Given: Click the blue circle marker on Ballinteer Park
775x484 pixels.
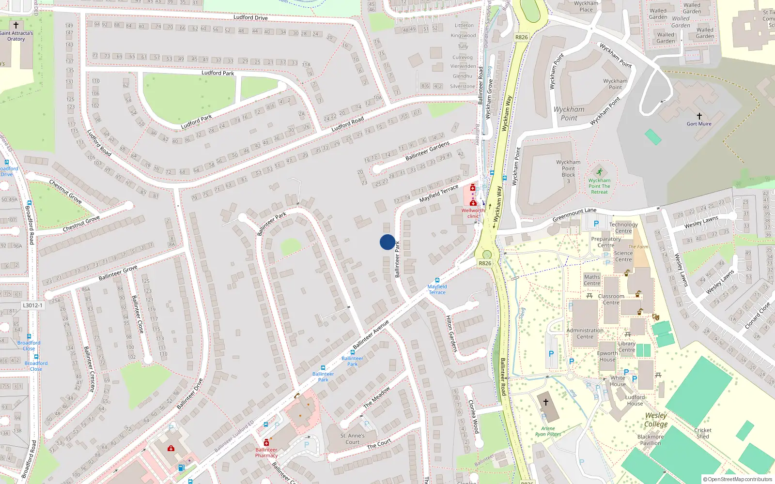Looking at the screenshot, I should coord(387,242).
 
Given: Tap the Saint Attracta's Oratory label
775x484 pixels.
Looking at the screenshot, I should coord(16,36).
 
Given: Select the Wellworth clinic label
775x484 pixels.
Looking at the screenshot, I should coord(473,213).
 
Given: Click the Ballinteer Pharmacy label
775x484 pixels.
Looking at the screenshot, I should coord(266,453).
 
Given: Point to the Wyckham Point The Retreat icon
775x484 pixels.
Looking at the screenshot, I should coord(600,172).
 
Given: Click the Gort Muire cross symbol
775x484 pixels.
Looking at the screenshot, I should coord(699,116).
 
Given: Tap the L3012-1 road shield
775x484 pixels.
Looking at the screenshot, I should coord(33,305).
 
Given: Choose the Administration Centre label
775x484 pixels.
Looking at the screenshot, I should coord(585,333).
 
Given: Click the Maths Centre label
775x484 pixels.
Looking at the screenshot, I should coord(592,280).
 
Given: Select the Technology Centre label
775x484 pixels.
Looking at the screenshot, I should coord(623,227).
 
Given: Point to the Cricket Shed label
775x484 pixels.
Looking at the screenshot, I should coord(703,433).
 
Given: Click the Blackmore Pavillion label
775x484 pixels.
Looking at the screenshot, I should coord(651,439).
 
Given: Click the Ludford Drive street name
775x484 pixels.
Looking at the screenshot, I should coord(250,17).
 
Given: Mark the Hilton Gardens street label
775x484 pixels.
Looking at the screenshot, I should coord(451,333).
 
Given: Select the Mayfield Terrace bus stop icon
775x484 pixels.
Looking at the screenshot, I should coord(437,280).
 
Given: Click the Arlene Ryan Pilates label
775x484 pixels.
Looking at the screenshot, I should coord(548,431).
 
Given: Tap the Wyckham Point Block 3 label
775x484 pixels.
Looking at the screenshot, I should coord(568,171).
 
